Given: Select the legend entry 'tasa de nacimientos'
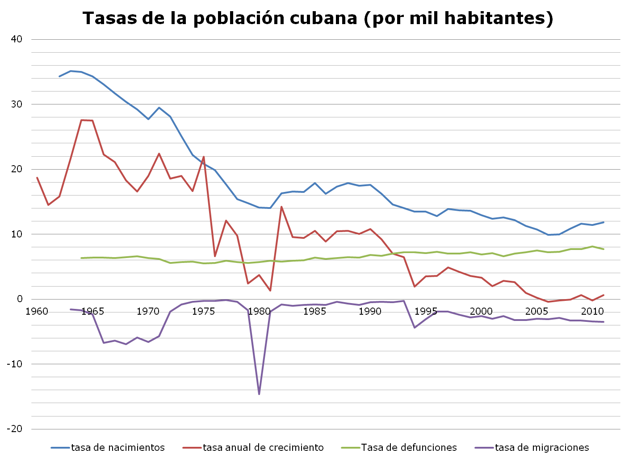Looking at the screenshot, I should pyautogui.click(x=117, y=447).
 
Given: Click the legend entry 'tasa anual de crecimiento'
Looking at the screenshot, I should pyautogui.click(x=263, y=447).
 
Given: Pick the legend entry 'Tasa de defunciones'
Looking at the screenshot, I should pyautogui.click(x=409, y=447).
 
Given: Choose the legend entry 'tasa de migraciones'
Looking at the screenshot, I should pyautogui.click(x=542, y=447).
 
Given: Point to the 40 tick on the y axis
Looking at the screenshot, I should pyautogui.click(x=17, y=39).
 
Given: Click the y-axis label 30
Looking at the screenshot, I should pyautogui.click(x=17, y=104).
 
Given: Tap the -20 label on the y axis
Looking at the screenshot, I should pyautogui.click(x=14, y=429).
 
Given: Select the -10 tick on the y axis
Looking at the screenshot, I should pyautogui.click(x=14, y=364).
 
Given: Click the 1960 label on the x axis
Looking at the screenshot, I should pyautogui.click(x=37, y=311).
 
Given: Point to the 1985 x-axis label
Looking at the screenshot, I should pyautogui.click(x=314, y=311).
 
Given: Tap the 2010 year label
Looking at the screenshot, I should pyautogui.click(x=592, y=311).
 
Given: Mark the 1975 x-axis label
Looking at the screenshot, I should pyautogui.click(x=204, y=311).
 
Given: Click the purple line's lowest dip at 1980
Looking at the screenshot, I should pyautogui.click(x=259, y=394).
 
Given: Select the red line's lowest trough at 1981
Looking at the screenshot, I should pyautogui.click(x=270, y=291).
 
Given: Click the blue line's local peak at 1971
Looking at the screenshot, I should pyautogui.click(x=159, y=108).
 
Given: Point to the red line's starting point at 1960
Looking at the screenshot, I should pyautogui.click(x=37, y=178).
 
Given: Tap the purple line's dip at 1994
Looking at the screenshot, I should pyautogui.click(x=415, y=328).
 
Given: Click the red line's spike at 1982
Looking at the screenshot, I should pyautogui.click(x=281, y=207).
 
